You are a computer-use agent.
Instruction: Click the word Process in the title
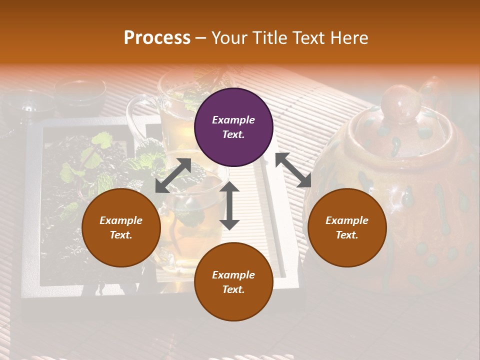coord(157,38)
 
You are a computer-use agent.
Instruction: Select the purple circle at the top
coord(233,127)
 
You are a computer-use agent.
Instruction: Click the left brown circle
coord(121,227)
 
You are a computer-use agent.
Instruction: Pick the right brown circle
coord(347,227)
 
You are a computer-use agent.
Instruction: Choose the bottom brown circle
coord(233,281)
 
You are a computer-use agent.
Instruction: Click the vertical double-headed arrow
coord(229,205)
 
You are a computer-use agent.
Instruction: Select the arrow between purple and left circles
coord(173,175)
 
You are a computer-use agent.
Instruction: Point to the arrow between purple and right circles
coord(293,170)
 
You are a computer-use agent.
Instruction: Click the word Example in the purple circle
coord(233,120)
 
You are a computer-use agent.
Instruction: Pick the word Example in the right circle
coord(347,220)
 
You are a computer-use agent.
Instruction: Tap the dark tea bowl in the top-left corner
coord(80,88)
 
